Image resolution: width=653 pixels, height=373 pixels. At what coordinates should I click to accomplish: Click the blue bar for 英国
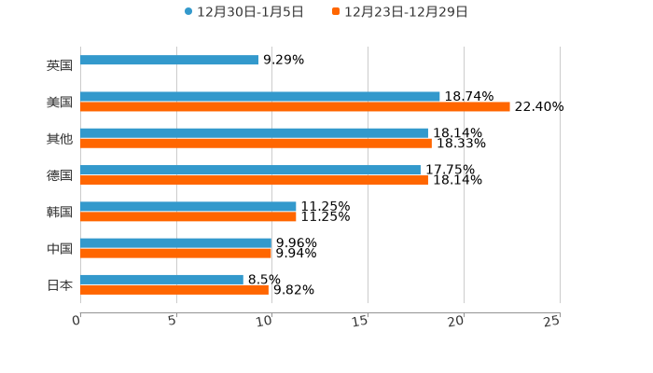tap(170, 61)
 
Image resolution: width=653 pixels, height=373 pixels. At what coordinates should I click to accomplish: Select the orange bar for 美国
tap(295, 107)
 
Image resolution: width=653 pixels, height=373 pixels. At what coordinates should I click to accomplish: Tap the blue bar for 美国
tap(260, 97)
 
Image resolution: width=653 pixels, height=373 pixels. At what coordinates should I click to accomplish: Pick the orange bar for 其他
tap(256, 144)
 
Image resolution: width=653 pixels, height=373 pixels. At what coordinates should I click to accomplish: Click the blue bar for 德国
tap(250, 170)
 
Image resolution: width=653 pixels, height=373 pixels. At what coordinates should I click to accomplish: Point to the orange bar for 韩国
tap(188, 216)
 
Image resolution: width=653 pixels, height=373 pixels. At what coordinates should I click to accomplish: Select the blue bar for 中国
tap(176, 242)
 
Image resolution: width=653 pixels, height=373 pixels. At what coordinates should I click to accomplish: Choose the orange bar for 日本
tap(174, 289)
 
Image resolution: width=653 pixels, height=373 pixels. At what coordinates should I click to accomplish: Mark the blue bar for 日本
tap(161, 279)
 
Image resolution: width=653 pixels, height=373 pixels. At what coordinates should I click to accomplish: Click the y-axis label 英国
tap(60, 66)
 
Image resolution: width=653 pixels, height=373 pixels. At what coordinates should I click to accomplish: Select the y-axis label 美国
tap(60, 103)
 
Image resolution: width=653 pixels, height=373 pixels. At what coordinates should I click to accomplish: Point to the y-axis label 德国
tap(60, 175)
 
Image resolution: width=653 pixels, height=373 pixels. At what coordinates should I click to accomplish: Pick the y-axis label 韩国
tap(60, 212)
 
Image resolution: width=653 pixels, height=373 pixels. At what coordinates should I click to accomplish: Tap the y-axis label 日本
tap(60, 284)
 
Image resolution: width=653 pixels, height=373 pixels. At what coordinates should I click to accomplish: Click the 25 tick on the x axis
tap(552, 321)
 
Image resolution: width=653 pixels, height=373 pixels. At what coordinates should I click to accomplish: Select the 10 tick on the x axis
tap(265, 321)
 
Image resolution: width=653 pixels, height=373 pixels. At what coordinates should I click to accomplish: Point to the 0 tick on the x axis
tap(76, 321)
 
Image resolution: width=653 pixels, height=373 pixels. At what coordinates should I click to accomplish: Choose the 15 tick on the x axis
tap(360, 321)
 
